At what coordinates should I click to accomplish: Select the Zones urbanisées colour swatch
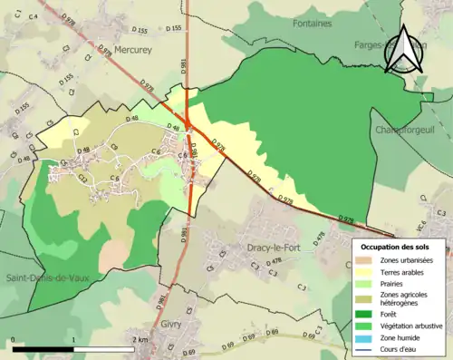(x=366, y=261)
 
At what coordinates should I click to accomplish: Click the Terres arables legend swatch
(x=366, y=272)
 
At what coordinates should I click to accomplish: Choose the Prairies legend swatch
(x=366, y=283)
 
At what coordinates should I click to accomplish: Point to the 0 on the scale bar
(x=14, y=339)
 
